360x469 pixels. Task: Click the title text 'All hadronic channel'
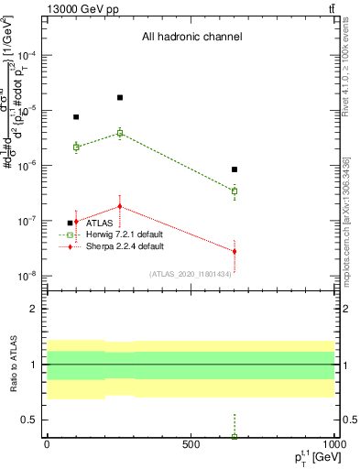191,38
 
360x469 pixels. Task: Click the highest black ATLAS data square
120,97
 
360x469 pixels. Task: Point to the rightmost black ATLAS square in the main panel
235,169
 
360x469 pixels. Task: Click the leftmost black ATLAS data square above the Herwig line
76,117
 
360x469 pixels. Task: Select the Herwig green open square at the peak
120,133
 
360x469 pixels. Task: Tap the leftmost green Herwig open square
76,147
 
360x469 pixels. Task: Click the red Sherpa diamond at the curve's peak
120,207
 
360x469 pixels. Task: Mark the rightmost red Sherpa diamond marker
235,251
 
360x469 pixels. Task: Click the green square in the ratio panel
235,436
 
